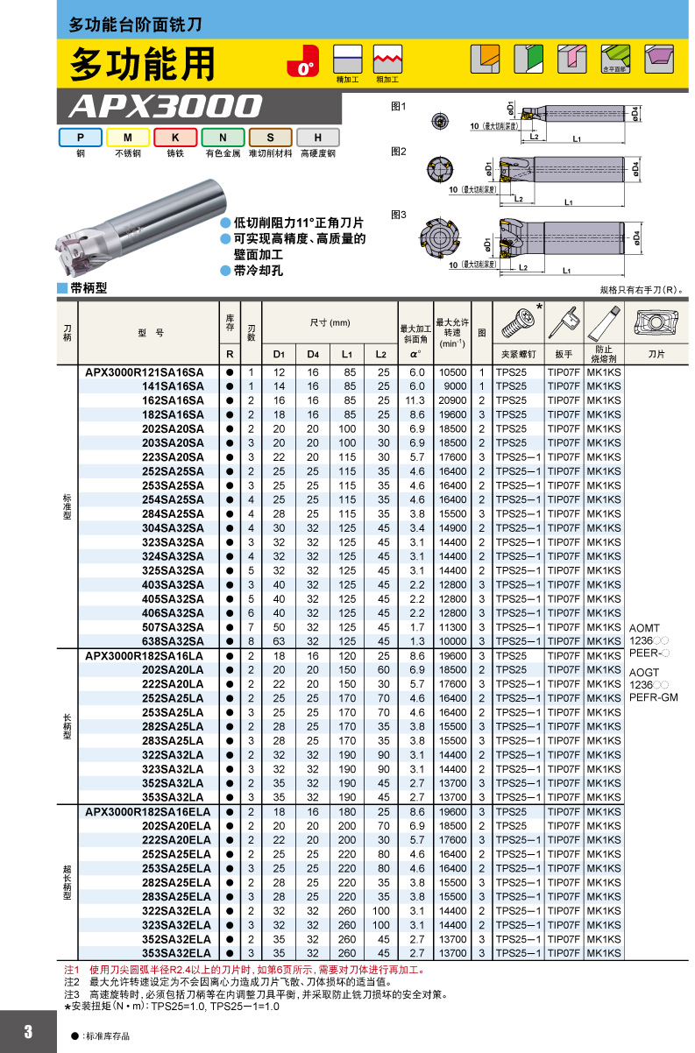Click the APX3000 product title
pyautogui.click(x=166, y=106)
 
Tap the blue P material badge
pyautogui.click(x=81, y=138)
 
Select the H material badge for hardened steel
pyautogui.click(x=318, y=138)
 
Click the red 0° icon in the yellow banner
pyautogui.click(x=303, y=60)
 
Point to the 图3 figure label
pyautogui.click(x=398, y=216)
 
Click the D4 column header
pyautogui.click(x=313, y=355)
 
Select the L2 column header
pyautogui.click(x=381, y=355)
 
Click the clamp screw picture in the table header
pyautogui.click(x=518, y=323)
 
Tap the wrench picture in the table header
pyautogui.click(x=564, y=322)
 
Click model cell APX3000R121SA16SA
pyautogui.click(x=145, y=373)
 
